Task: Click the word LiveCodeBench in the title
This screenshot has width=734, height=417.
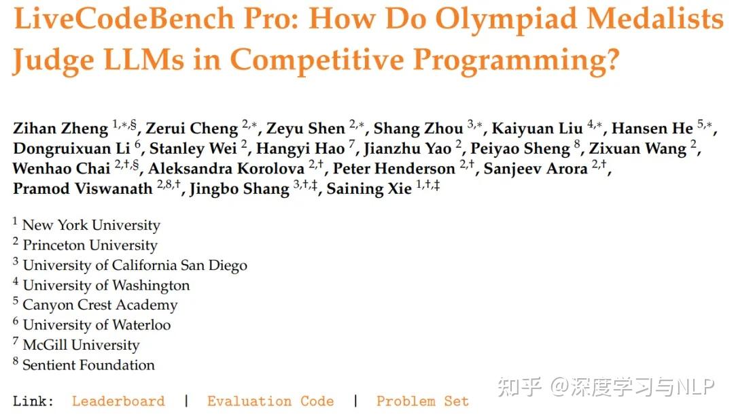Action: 124,19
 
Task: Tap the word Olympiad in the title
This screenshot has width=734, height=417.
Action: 506,19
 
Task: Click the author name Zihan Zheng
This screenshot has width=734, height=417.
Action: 60,129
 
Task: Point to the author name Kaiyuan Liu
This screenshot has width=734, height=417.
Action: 537,129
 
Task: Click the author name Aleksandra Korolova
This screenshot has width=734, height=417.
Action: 226,169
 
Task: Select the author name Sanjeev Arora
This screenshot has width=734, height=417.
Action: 536,169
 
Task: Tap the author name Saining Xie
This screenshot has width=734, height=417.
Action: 369,189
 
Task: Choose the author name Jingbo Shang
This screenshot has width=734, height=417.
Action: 239,189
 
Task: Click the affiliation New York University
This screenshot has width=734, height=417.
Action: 91,225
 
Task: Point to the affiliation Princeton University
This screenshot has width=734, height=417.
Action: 90,246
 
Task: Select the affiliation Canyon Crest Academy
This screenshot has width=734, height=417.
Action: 100,305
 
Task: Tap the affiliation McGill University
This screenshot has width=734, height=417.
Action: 82,346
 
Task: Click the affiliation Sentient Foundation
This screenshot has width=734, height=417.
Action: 88,365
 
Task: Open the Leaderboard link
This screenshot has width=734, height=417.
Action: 118,401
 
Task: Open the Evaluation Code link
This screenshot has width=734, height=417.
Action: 270,401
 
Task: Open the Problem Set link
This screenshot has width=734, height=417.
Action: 422,401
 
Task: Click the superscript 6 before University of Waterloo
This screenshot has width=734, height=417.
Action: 16,321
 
